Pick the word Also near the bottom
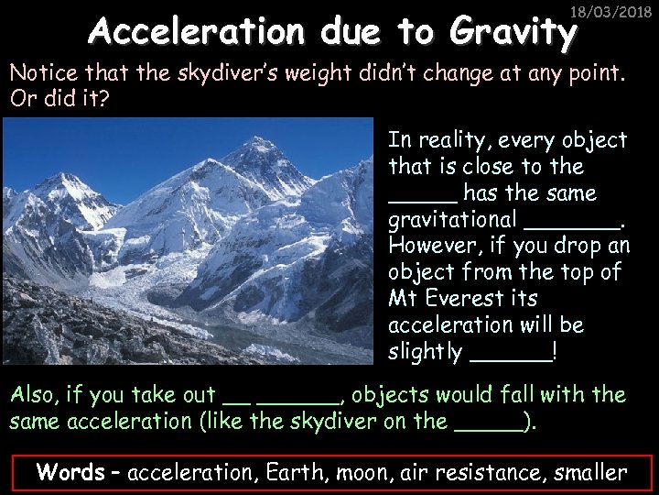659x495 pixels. (34, 395)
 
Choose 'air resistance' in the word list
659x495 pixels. (471, 473)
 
